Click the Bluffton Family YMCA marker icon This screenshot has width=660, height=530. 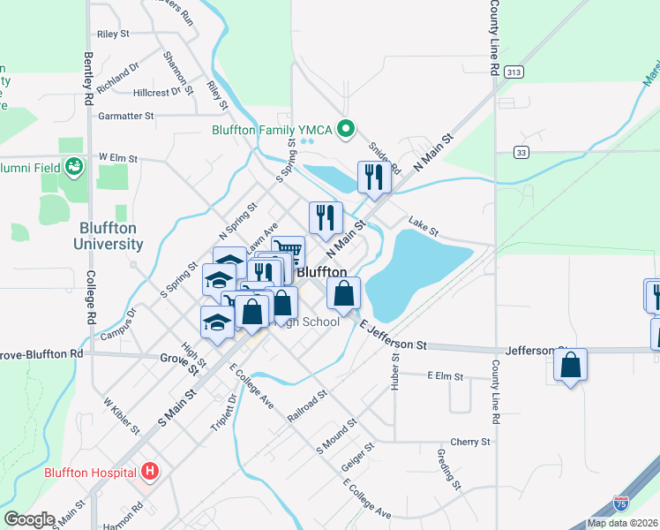[346, 130]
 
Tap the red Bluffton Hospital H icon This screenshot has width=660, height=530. [150, 472]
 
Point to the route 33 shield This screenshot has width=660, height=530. [523, 152]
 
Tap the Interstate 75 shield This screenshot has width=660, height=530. [622, 503]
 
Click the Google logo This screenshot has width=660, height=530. [29, 519]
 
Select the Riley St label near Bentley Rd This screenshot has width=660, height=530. [114, 34]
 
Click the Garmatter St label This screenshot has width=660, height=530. [126, 116]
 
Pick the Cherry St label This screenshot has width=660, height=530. [469, 441]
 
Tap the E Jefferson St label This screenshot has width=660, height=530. [394, 337]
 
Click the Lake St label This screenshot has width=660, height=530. [423, 227]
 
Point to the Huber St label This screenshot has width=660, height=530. [395, 371]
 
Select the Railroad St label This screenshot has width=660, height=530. [307, 403]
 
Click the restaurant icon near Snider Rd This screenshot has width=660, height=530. [374, 177]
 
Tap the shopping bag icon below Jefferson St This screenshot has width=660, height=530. [571, 365]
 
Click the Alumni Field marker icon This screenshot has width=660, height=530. [73, 164]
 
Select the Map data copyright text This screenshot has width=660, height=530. [622, 523]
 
